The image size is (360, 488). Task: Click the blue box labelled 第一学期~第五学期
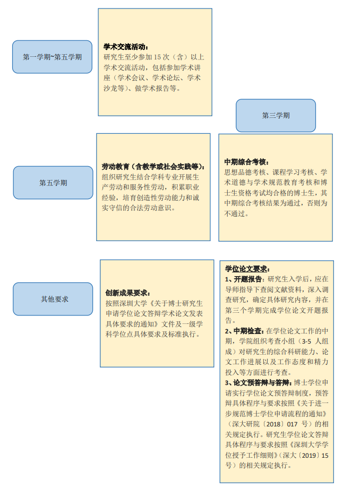52,57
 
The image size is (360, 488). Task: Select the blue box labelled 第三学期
276,115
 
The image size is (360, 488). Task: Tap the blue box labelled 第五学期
53,183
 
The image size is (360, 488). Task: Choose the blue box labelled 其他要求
53,299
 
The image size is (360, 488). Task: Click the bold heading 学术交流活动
124,47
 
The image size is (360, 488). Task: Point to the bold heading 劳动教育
115,167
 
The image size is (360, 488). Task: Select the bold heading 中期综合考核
245,162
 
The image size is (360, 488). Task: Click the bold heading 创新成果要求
126,293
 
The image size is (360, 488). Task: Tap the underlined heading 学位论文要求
246,269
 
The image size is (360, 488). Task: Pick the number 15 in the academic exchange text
158,57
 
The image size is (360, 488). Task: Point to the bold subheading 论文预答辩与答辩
261,383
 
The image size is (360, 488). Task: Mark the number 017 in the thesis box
292,424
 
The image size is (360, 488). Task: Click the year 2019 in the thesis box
309,456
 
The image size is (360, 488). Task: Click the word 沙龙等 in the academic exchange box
114,88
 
